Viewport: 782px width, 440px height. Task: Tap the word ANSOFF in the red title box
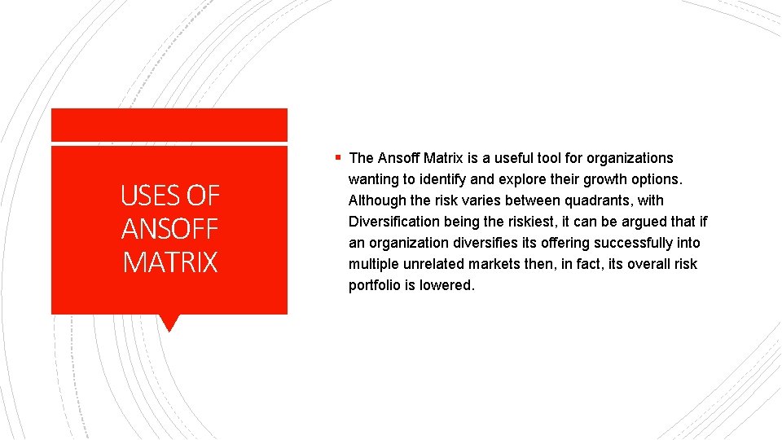(170, 229)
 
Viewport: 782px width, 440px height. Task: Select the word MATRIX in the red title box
(170, 262)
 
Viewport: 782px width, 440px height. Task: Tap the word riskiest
(524, 222)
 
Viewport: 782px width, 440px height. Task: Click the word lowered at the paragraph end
(446, 285)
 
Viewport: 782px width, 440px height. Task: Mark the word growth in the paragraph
(606, 179)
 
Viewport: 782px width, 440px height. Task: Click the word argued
(645, 222)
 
